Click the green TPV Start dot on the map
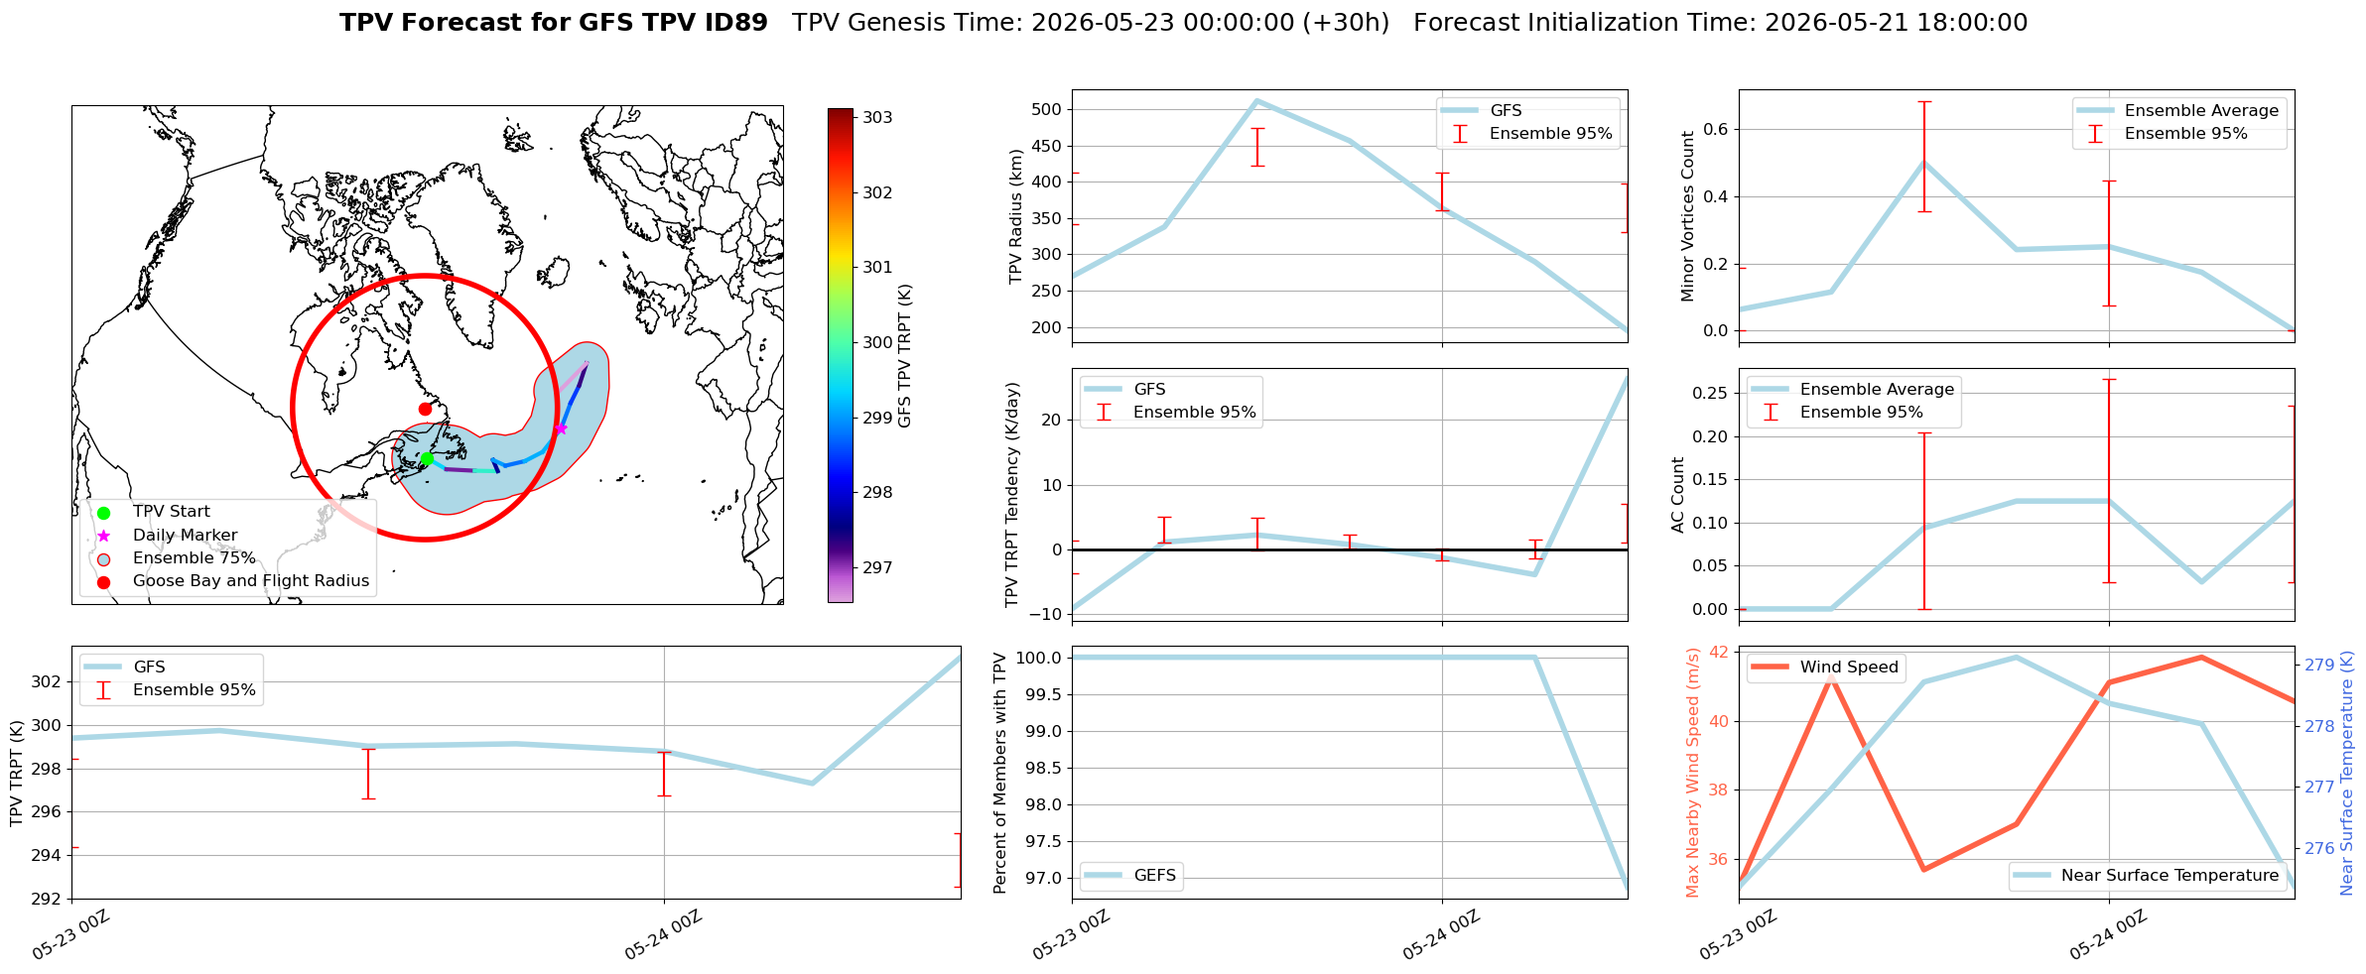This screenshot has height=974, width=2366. (x=427, y=458)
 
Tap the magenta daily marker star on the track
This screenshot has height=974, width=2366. (x=561, y=428)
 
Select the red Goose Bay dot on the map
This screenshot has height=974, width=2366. (x=425, y=409)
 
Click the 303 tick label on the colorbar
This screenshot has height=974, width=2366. (x=877, y=117)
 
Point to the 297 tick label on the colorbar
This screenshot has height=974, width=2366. (x=877, y=567)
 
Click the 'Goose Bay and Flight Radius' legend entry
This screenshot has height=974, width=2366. (x=251, y=581)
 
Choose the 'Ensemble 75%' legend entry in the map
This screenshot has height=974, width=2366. (x=195, y=558)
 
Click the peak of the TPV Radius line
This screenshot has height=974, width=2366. (x=1256, y=100)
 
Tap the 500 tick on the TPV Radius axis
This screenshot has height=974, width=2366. (x=1050, y=109)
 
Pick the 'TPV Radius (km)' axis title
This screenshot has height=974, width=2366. (x=1015, y=216)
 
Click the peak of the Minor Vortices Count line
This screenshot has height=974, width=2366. (x=1924, y=162)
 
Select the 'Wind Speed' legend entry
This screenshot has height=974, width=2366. (x=1849, y=668)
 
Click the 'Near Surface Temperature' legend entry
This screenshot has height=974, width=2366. (x=2169, y=876)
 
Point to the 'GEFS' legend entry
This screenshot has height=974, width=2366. (x=1155, y=876)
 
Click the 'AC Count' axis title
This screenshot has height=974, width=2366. (x=1678, y=495)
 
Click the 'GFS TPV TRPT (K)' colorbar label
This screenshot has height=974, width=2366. (x=904, y=356)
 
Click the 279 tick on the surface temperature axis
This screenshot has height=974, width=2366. (x=2318, y=665)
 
